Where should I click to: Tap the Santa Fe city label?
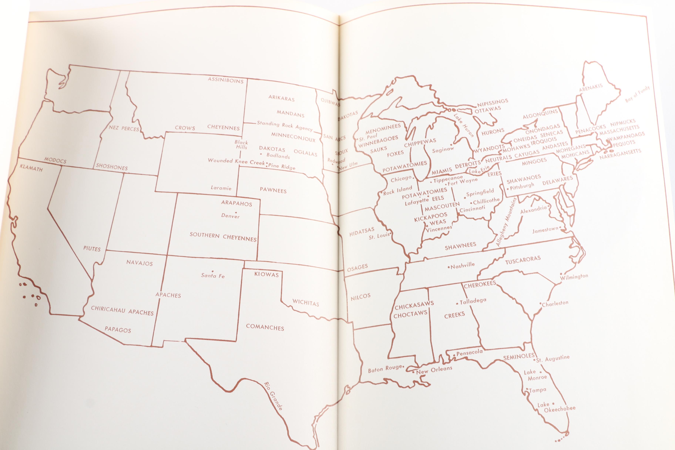tap(213, 276)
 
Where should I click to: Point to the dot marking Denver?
tap(236, 212)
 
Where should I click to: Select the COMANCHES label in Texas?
tap(265, 327)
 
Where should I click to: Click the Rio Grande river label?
tap(273, 396)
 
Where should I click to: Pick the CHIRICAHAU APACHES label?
tap(122, 310)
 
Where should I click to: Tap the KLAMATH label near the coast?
tap(31, 168)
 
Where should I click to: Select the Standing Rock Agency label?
tap(284, 125)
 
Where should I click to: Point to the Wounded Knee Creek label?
tap(236, 161)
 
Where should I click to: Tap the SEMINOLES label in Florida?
tap(519, 357)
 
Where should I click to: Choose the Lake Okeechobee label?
tap(556, 407)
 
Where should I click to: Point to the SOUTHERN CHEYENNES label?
tap(223, 237)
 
